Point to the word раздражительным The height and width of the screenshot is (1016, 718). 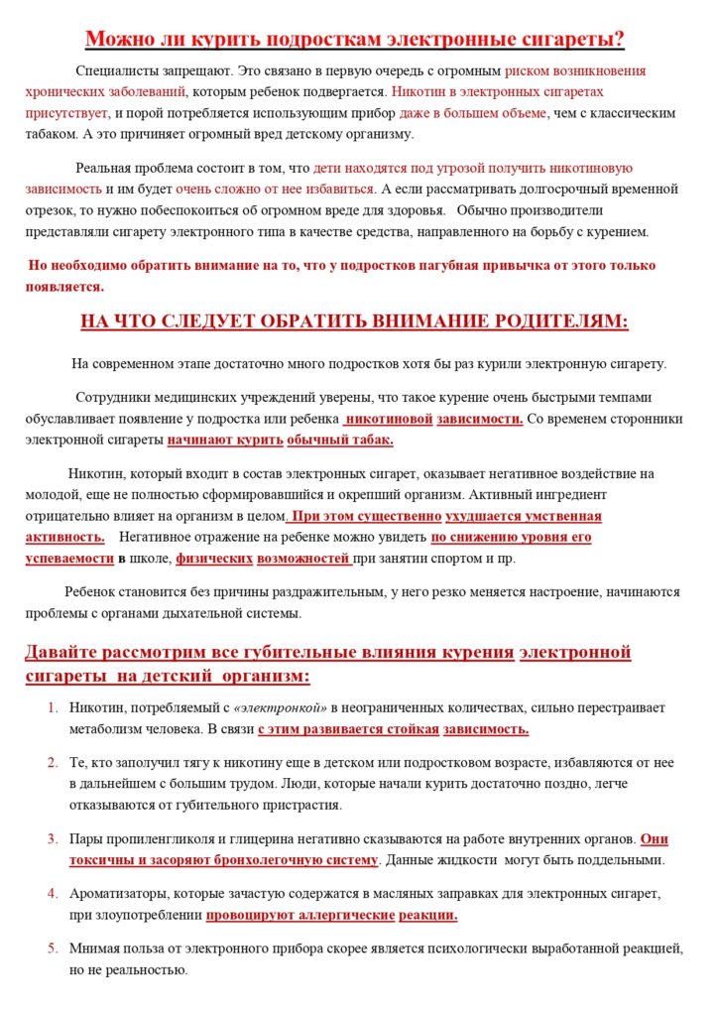[328, 591]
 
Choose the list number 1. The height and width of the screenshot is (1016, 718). [54, 707]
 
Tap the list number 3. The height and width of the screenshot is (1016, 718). [54, 838]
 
